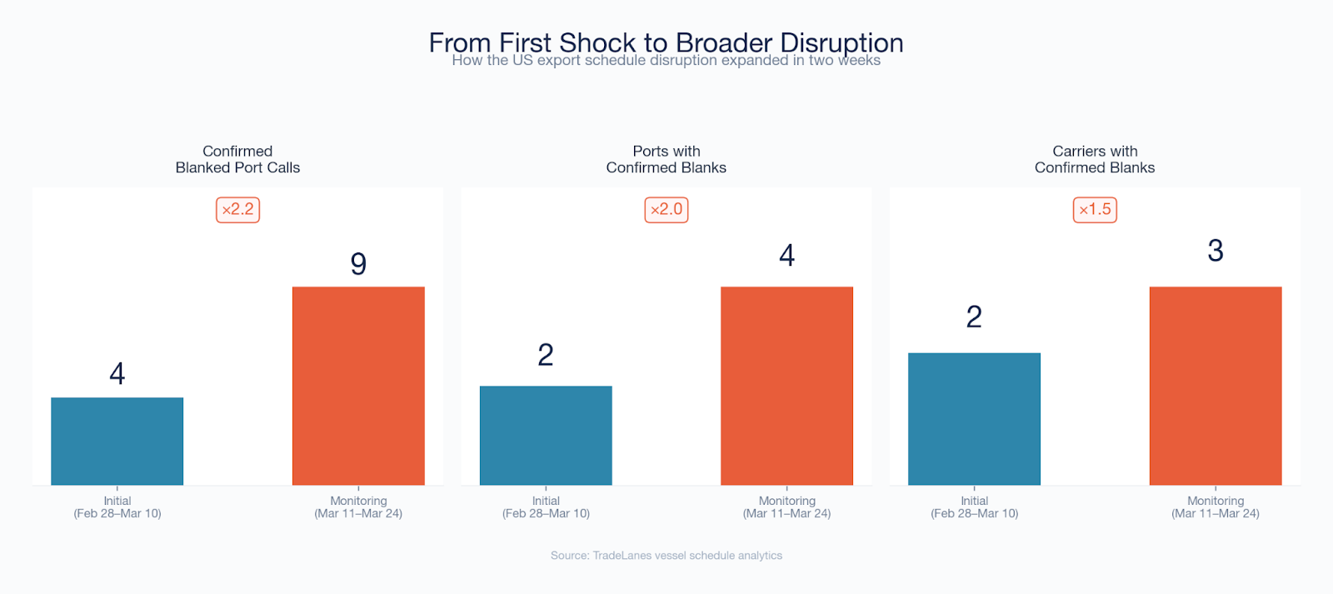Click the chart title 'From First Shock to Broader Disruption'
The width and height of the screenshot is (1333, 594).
[666, 42]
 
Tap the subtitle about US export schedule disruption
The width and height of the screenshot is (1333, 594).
[666, 60]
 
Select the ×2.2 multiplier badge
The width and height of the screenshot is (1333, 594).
[237, 209]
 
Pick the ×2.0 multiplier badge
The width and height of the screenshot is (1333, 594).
[666, 209]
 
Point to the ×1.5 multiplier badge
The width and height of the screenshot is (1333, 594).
[1095, 209]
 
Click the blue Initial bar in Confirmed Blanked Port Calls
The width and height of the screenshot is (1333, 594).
[117, 441]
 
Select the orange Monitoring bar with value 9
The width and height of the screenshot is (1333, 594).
[358, 386]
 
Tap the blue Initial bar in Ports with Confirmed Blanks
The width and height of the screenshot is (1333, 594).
[546, 436]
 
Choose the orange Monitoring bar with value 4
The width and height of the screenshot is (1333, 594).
[786, 386]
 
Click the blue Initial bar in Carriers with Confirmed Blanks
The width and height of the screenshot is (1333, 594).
[974, 419]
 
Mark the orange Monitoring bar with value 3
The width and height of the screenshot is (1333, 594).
[1216, 386]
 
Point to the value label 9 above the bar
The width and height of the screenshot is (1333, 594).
[358, 263]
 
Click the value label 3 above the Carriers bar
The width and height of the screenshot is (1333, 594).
[1216, 251]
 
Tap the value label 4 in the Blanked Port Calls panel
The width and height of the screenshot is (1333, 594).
[117, 374]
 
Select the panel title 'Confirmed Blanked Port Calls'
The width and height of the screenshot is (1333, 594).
[237, 159]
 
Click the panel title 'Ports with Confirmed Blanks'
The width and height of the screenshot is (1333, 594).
[666, 159]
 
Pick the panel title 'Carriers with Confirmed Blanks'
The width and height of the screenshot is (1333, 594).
[1095, 159]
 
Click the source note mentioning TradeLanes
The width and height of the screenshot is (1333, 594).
[666, 556]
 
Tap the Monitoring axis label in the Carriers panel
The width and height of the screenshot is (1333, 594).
[1216, 507]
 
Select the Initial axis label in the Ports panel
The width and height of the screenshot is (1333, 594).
[546, 507]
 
